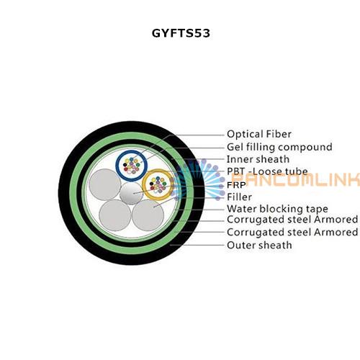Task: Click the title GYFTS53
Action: pyautogui.click(x=181, y=33)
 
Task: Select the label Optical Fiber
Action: pyautogui.click(x=259, y=134)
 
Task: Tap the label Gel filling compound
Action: pyautogui.click(x=279, y=147)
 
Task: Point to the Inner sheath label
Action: pyautogui.click(x=258, y=159)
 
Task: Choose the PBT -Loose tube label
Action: pyautogui.click(x=267, y=171)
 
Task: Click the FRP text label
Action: pyautogui.click(x=236, y=185)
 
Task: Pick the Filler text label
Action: pyautogui.click(x=239, y=197)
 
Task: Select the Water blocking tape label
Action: pyautogui.click(x=277, y=209)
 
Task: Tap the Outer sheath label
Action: pyautogui.click(x=259, y=245)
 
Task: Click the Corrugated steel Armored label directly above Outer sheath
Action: pyautogui.click(x=292, y=232)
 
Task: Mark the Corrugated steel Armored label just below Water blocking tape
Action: pyautogui.click(x=292, y=220)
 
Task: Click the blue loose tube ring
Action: pyautogui.click(x=117, y=166)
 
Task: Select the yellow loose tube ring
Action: pyautogui.click(x=143, y=185)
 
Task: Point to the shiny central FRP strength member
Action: pyautogui.click(x=131, y=193)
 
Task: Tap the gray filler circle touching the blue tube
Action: pyautogui.click(x=104, y=184)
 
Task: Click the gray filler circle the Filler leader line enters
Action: pyautogui.click(x=148, y=215)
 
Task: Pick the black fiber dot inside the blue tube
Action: pyautogui.click(x=125, y=165)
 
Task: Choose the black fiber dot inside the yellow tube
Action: pyautogui.click(x=151, y=184)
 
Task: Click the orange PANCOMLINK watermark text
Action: pyautogui.click(x=296, y=179)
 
